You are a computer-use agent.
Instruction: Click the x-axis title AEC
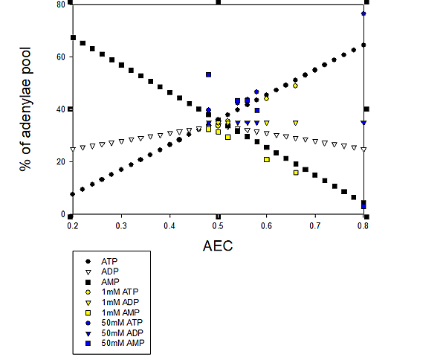point(218,245)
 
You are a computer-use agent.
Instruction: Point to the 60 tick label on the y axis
point(61,57)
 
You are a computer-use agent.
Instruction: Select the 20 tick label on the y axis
point(61,161)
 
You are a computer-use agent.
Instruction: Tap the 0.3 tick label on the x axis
point(120,225)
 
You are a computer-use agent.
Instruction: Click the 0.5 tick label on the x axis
point(218,225)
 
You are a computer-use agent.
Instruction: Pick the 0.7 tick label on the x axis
point(314,225)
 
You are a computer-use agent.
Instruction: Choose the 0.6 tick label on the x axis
point(266,225)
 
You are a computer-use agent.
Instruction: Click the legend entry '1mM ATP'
point(118,292)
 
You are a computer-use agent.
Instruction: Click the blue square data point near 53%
point(209,74)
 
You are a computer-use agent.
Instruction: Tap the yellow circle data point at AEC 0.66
point(295,86)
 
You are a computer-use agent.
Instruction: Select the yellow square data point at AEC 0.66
point(296,173)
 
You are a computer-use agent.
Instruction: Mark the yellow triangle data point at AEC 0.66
point(295,123)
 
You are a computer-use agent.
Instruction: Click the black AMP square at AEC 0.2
point(73,37)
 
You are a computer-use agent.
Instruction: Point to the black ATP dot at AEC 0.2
point(73,194)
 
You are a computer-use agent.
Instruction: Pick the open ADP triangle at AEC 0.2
point(73,149)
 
